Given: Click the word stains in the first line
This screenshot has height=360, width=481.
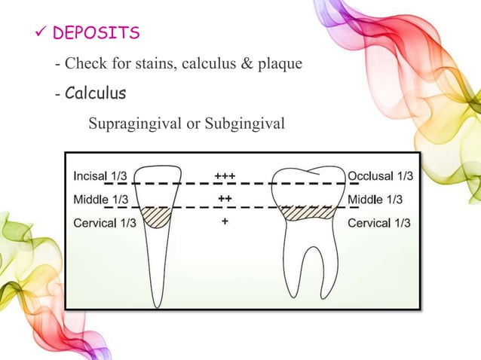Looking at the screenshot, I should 151,64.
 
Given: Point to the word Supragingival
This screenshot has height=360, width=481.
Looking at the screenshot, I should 133,123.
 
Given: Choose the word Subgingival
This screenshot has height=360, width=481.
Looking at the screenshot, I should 245,123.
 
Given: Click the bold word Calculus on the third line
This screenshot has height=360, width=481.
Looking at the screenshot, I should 95,94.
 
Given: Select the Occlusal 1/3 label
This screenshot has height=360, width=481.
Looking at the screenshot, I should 380,175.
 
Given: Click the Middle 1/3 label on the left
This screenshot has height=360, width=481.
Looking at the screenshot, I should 101,200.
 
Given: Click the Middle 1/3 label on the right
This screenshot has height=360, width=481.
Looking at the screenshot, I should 375,200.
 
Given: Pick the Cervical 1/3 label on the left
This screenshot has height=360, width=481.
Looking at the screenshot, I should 106,223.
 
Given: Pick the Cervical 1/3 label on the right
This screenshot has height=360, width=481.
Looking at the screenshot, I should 378,223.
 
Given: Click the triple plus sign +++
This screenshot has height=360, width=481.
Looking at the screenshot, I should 225,175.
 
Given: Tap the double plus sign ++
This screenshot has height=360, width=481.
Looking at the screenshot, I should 225,199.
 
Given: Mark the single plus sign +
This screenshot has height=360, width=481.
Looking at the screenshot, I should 225,222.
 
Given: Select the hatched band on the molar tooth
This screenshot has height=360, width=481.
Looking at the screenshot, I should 307,213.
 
